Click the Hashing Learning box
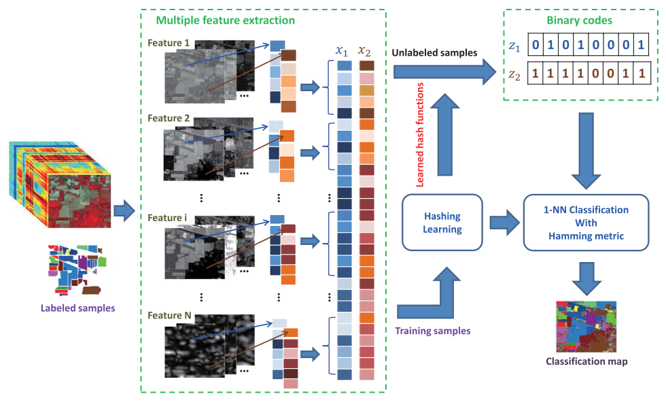[x=442, y=223]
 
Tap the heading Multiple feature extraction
[x=225, y=20]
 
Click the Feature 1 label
[x=169, y=44]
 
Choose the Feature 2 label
[x=169, y=118]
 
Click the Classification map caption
[x=586, y=361]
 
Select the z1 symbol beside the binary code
[x=516, y=46]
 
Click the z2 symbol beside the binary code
[x=516, y=72]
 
